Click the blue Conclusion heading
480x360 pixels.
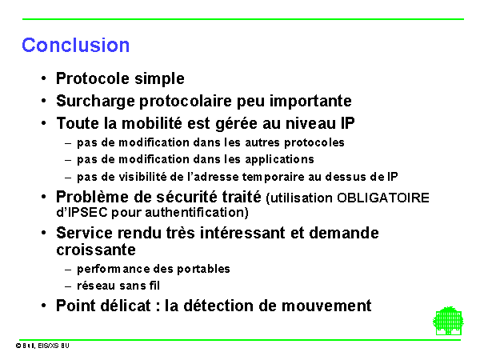76,46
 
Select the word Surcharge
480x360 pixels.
95,102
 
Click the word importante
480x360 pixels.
310,102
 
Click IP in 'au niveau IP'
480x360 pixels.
348,123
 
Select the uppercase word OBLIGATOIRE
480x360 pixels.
383,198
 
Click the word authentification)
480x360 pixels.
197,213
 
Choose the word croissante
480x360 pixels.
96,250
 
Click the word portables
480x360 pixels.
203,270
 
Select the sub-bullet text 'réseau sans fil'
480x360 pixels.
118,286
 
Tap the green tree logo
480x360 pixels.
448,321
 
